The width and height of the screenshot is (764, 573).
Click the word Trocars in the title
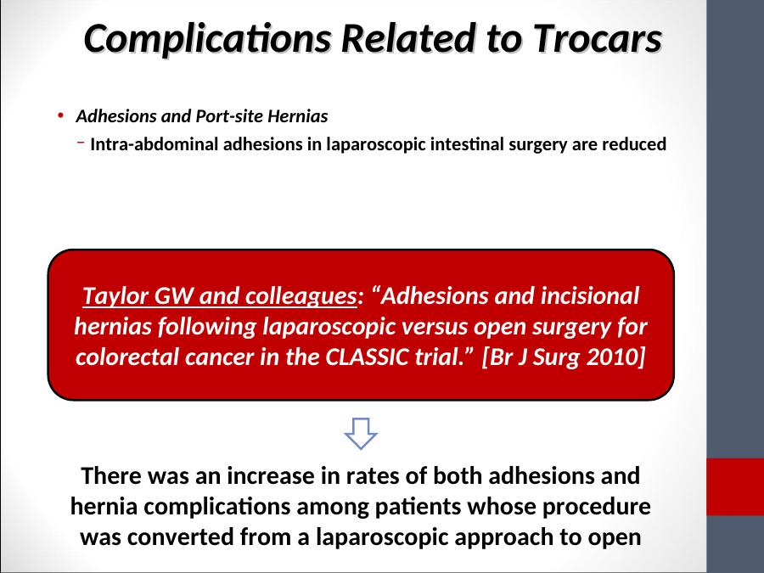coord(598,38)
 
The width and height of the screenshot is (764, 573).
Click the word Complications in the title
coord(208,39)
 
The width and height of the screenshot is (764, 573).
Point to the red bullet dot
coord(61,116)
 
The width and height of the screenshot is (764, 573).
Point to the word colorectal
coord(127,357)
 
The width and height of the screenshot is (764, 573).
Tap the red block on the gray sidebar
coord(735,486)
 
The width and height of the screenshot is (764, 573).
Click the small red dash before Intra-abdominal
coord(81,143)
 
